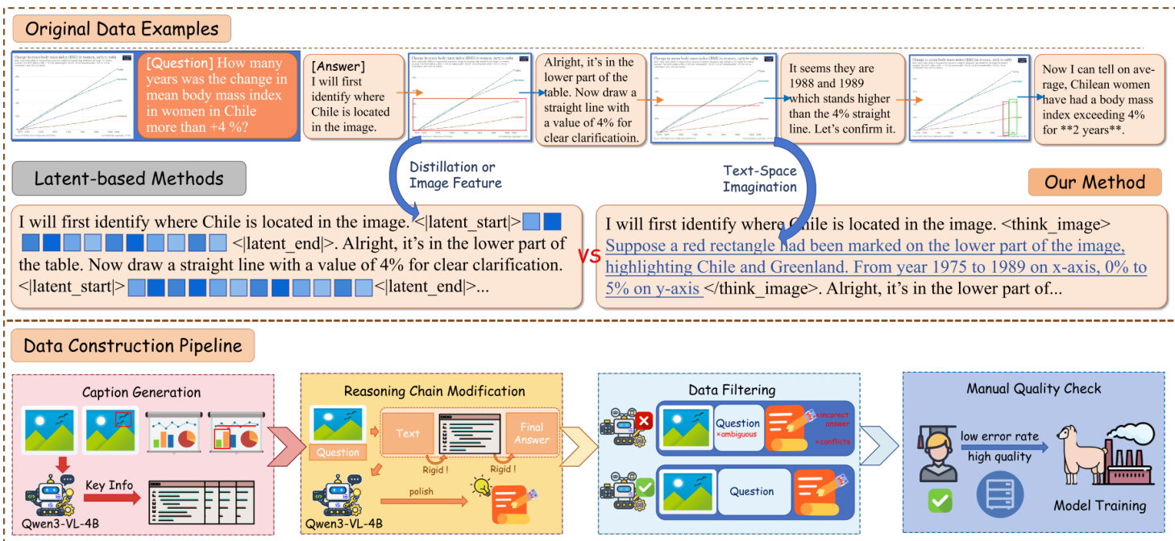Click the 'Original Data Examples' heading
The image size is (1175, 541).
tap(122, 30)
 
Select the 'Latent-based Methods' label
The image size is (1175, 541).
tap(129, 179)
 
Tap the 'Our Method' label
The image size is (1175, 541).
tap(1094, 182)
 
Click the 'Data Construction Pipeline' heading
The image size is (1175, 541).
tap(133, 346)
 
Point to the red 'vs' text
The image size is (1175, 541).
tap(589, 255)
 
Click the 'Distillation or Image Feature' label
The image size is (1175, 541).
tap(455, 175)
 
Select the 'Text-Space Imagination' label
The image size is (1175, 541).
tap(759, 179)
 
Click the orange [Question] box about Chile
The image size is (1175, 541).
tap(217, 95)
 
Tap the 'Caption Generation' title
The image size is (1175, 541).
tap(141, 392)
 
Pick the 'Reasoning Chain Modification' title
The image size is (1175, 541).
tap(434, 391)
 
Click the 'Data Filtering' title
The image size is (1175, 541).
tap(732, 390)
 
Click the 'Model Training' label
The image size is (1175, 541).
tap(1099, 506)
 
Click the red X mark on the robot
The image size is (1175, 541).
tap(644, 420)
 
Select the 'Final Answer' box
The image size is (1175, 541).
tap(531, 433)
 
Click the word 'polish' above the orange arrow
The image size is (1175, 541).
tap(420, 491)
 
